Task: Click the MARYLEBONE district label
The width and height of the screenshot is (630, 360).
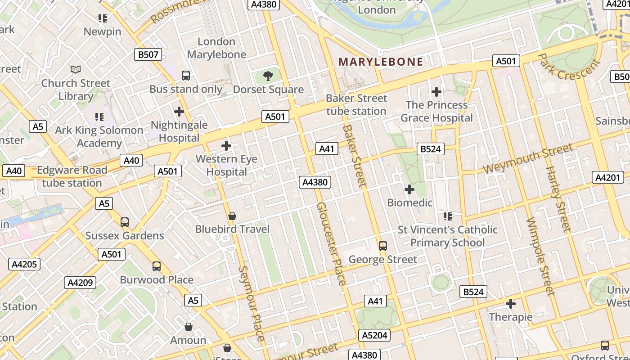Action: pos(381,62)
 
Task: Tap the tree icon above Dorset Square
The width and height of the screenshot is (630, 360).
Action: pos(268,76)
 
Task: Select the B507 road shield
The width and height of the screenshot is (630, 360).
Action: pos(148,55)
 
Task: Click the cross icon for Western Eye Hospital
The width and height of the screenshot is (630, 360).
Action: pos(226,146)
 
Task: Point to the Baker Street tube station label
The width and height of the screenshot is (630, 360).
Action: pos(356,104)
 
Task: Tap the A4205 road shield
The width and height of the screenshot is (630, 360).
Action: pos(24,264)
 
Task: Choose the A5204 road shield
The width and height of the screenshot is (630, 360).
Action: pos(374,335)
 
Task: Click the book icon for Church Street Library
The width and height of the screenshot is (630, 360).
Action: pos(76,69)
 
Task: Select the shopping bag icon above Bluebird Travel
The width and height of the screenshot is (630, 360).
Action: pos(232,216)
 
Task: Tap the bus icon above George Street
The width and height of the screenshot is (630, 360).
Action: pos(383,246)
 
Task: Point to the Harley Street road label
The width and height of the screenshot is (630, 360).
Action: pos(558,199)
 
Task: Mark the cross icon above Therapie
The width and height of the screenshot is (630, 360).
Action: pos(511,304)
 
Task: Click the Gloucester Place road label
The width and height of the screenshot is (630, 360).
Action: pos(332,243)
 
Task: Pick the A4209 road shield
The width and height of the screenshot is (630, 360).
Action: pos(81,283)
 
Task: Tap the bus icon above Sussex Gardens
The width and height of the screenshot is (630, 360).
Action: pos(125,222)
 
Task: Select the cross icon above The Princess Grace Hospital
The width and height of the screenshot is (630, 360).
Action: pos(436,92)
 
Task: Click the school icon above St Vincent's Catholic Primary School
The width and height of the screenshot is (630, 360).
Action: pos(447,216)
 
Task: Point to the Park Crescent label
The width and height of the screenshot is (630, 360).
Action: pos(569,67)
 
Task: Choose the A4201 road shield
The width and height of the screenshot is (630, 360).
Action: pos(607,177)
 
